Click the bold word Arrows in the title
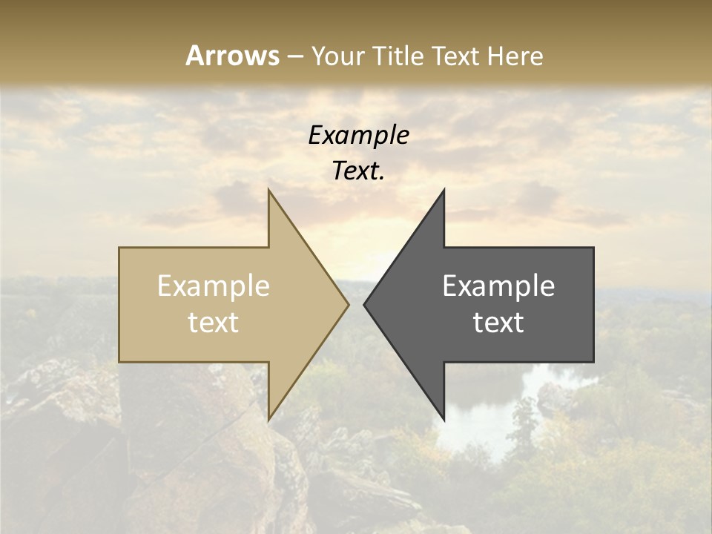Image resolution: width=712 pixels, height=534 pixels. point(232,56)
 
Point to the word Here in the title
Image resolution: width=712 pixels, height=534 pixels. point(516,56)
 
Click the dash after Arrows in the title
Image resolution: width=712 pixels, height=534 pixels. point(295,56)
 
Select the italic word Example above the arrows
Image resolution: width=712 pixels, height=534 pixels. point(358,136)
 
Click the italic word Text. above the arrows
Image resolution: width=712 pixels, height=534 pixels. point(358,171)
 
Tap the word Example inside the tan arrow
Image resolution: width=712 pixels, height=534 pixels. point(214,286)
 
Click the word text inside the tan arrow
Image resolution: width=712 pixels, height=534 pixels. point(214,323)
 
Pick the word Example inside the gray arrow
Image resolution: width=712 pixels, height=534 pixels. point(498,286)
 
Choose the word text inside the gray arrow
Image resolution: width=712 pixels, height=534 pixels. point(498,323)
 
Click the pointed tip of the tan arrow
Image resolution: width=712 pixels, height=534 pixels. point(348,304)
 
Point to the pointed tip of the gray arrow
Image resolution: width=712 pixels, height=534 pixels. point(365,304)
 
